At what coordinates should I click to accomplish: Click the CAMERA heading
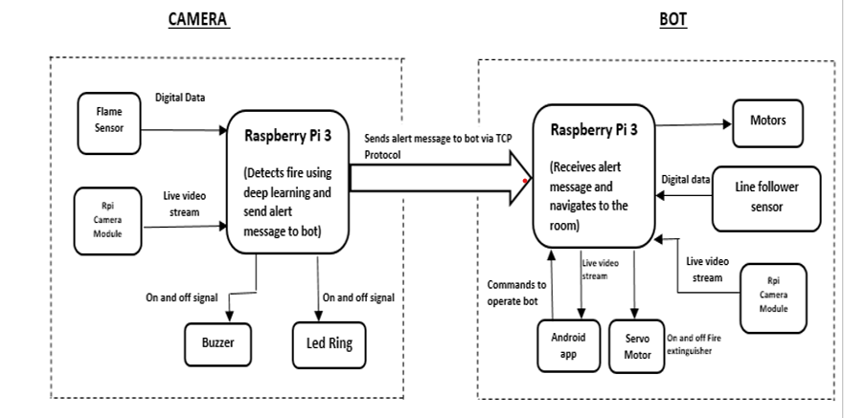coord(199,19)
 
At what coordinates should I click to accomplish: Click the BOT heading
coord(673,19)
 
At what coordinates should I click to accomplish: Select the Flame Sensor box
coord(109,121)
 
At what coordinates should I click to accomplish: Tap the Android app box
coord(562,345)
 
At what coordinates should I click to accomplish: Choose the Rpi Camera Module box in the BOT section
coord(773,297)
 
